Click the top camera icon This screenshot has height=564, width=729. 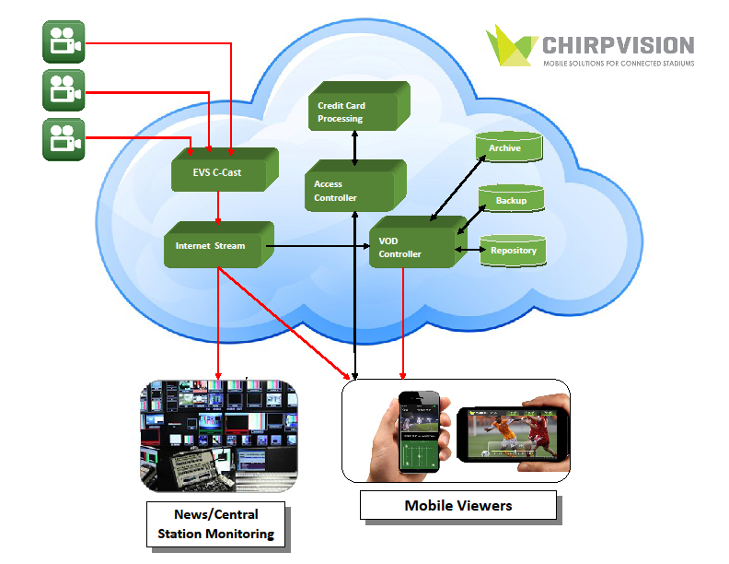(64, 41)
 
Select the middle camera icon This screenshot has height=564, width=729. (64, 90)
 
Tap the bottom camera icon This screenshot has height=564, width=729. (64, 139)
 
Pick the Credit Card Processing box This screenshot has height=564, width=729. (353, 112)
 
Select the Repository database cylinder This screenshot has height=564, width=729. (513, 250)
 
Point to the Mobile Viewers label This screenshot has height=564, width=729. (457, 505)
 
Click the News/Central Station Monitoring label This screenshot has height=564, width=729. (215, 523)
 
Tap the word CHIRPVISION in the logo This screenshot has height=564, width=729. (618, 44)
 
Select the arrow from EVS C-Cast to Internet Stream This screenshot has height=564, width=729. (217, 206)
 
